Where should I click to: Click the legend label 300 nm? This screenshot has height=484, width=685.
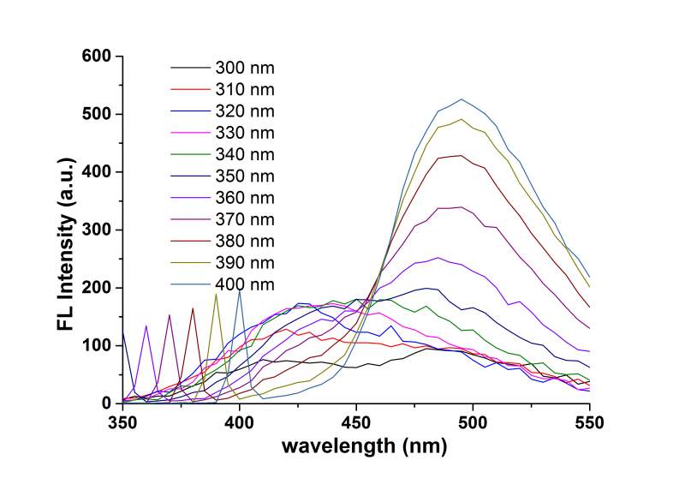[x=246, y=68]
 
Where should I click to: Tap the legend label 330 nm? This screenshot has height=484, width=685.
[x=246, y=132]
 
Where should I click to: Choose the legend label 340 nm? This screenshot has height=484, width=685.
[x=246, y=153]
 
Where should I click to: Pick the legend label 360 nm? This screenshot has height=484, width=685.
[x=246, y=196]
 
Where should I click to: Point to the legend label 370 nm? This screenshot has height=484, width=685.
[x=246, y=218]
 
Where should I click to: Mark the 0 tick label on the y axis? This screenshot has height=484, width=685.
[x=108, y=403]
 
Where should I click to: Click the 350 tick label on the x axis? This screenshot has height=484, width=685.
[x=122, y=422]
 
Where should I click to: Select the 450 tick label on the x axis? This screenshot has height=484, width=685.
[x=356, y=422]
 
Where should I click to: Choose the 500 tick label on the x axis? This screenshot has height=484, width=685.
[x=473, y=422]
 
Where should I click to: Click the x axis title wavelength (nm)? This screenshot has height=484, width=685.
[x=356, y=445]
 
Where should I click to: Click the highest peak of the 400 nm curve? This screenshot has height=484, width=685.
[x=462, y=99]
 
